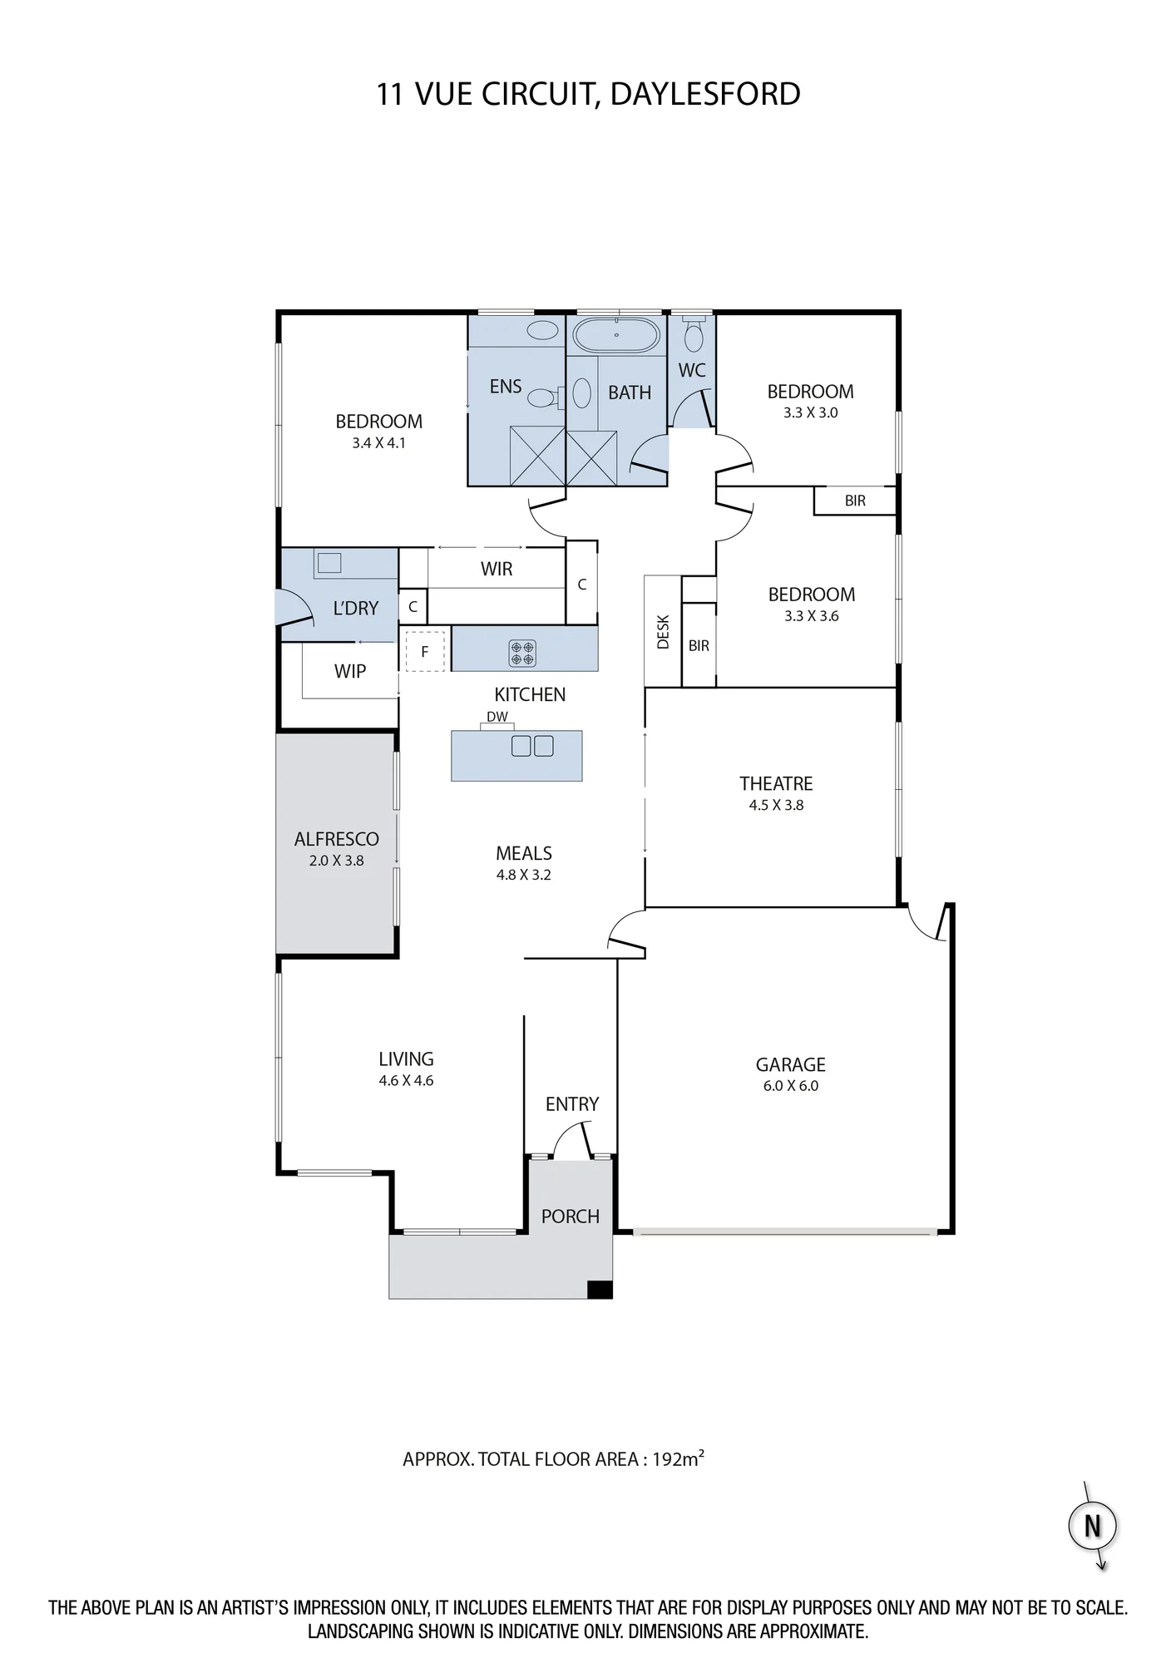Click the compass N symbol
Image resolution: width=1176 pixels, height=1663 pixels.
(1092, 1526)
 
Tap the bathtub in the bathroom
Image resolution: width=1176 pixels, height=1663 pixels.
(616, 335)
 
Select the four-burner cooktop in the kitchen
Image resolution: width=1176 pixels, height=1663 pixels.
(522, 652)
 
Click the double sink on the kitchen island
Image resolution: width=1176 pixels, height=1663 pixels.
(532, 746)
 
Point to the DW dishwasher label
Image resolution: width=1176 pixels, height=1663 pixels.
(497, 717)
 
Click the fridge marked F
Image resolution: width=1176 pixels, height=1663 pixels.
(425, 651)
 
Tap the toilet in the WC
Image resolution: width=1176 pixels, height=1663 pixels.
(692, 333)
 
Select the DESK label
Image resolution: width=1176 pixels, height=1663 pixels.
(663, 632)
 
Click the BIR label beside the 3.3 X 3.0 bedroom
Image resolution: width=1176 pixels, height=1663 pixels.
(855, 501)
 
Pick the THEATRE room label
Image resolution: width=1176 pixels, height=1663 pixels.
(776, 783)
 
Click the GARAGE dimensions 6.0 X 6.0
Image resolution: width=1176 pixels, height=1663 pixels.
(791, 1085)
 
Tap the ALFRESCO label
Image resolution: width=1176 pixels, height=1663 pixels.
(336, 839)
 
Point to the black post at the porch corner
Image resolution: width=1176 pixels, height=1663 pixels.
(600, 1289)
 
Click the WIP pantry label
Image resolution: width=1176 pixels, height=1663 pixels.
(350, 671)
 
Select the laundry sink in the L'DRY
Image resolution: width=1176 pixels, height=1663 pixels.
(330, 563)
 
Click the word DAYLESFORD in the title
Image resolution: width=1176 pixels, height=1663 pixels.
(705, 94)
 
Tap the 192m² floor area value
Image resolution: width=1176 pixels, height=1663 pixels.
(678, 1458)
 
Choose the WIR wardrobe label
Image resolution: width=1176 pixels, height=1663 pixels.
(497, 569)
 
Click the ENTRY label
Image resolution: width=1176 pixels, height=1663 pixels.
(572, 1104)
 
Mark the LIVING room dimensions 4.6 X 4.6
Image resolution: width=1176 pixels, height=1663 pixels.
(406, 1081)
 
